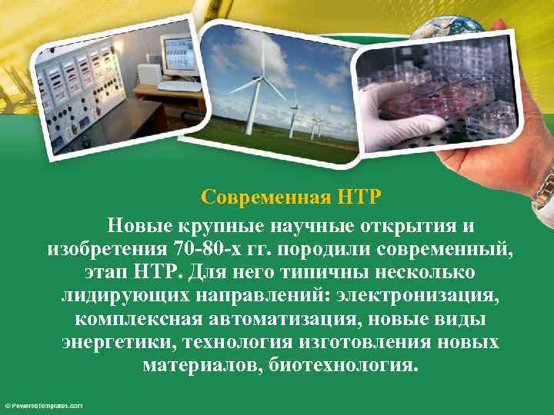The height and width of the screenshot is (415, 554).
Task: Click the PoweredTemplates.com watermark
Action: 43,405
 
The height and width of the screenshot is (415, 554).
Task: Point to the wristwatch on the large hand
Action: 544,188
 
